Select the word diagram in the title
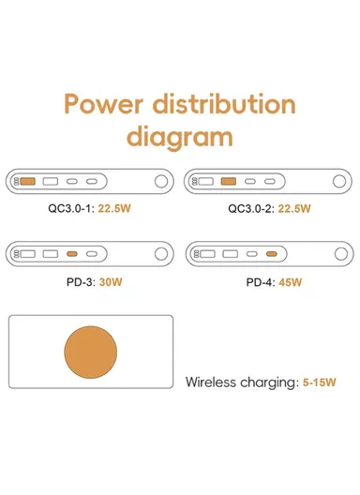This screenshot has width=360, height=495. (180, 137)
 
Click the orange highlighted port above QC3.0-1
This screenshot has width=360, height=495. (28, 180)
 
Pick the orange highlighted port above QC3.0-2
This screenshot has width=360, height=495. (229, 180)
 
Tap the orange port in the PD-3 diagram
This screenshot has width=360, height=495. (72, 253)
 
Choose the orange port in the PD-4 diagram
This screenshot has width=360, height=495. (271, 253)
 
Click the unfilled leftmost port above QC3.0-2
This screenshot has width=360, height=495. (207, 180)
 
